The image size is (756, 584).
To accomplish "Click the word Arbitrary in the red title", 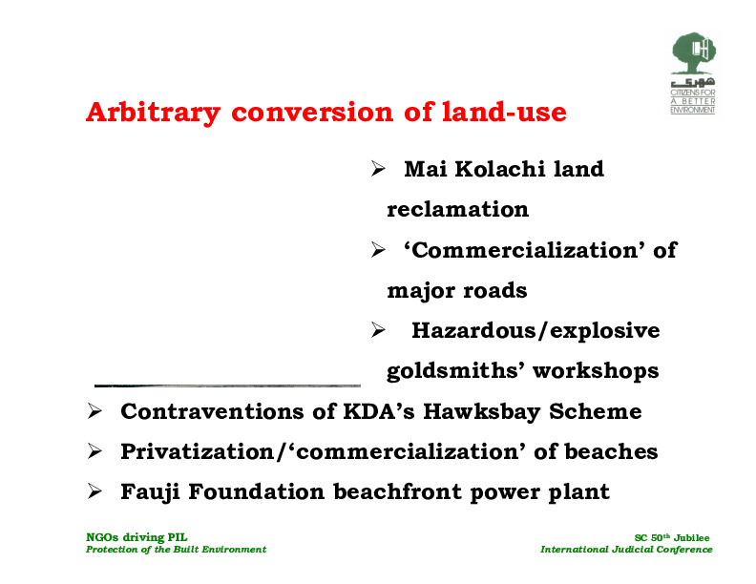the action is coord(154,114).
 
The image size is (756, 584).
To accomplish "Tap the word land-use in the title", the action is coord(504,112).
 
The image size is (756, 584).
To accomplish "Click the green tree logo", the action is coord(693,53).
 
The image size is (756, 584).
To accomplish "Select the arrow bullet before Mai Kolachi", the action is coord(378,169).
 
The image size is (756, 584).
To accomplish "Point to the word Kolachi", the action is coord(499,169).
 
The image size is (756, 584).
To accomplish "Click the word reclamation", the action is coord(457,209).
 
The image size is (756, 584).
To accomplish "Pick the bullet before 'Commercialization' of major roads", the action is coord(378,250).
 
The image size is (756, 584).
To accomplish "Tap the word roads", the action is coord(495,290).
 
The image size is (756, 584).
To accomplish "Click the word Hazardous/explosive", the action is coord(535,330).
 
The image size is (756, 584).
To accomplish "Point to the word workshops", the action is coord(596,371).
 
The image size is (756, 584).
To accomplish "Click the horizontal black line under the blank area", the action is coord(227,386).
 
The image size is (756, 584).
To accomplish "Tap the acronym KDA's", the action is coord(379,411).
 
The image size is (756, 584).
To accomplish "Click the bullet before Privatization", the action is coord(94,451).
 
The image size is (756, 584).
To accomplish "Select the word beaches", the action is coord(611,451).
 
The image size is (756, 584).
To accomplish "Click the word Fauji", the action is coord(150,492).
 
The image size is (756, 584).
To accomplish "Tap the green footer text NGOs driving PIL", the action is coord(136,537).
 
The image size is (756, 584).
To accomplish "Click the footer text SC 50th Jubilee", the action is coord(672,537).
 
